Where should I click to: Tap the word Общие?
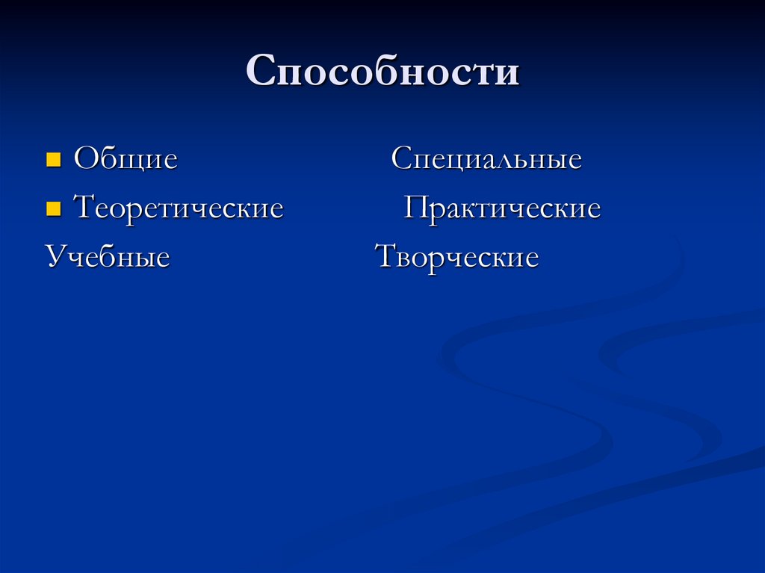pyautogui.click(x=126, y=159)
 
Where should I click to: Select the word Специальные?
pyautogui.click(x=486, y=159)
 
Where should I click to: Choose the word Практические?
pyautogui.click(x=502, y=208)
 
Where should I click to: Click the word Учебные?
pyautogui.click(x=108, y=258)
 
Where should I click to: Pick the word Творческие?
pyautogui.click(x=456, y=258)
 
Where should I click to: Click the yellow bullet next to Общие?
pyautogui.click(x=52, y=159)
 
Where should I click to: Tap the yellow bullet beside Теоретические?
pyautogui.click(x=52, y=208)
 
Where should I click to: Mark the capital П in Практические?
pyautogui.click(x=415, y=208)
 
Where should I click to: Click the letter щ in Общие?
pyautogui.click(x=128, y=162)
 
